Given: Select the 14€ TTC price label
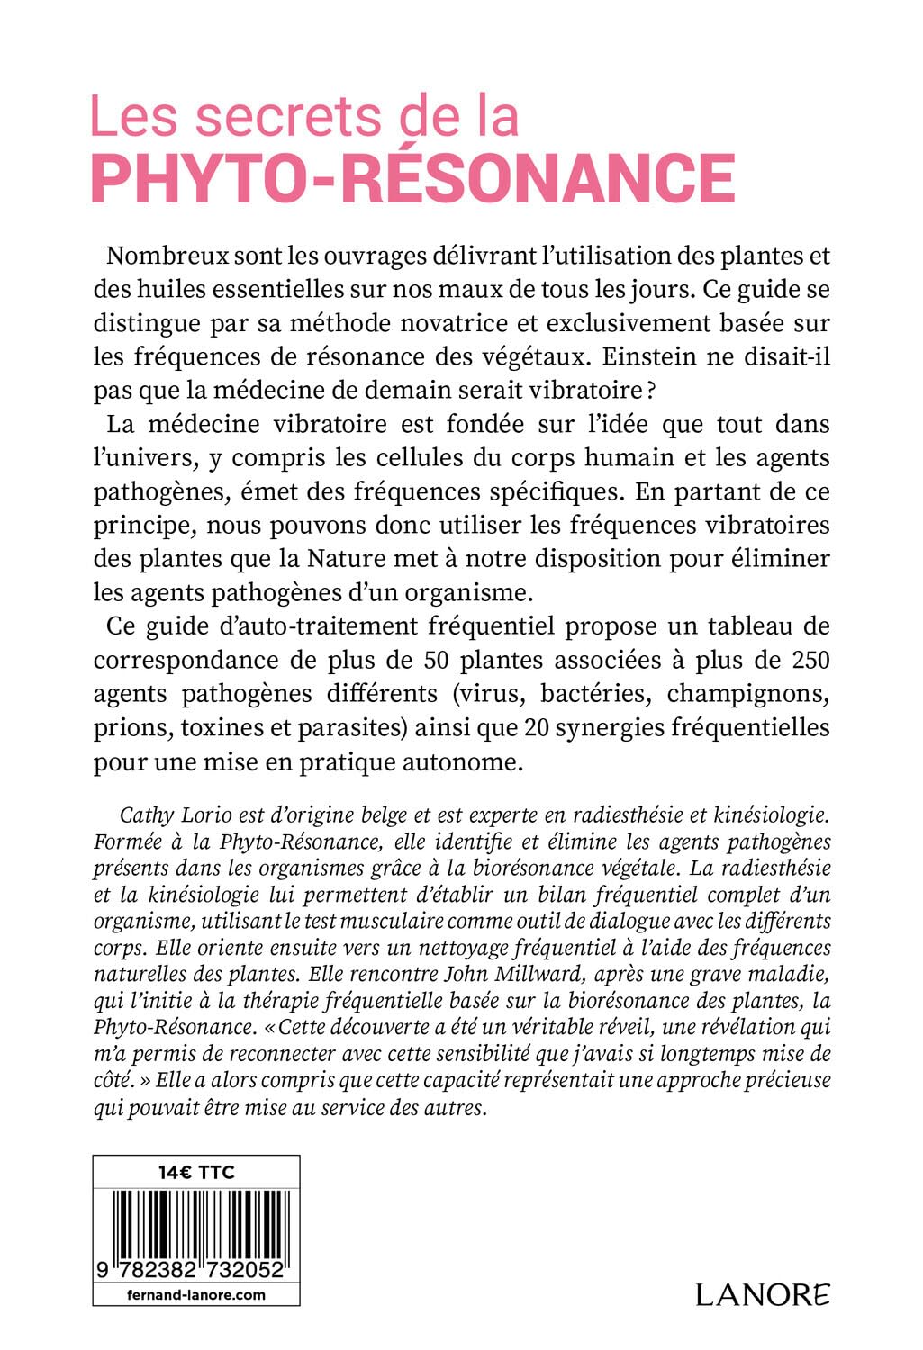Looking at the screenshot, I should click(x=195, y=1172).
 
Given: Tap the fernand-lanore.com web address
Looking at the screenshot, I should click(x=195, y=1295).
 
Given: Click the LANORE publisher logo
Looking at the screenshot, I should click(x=763, y=1294).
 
